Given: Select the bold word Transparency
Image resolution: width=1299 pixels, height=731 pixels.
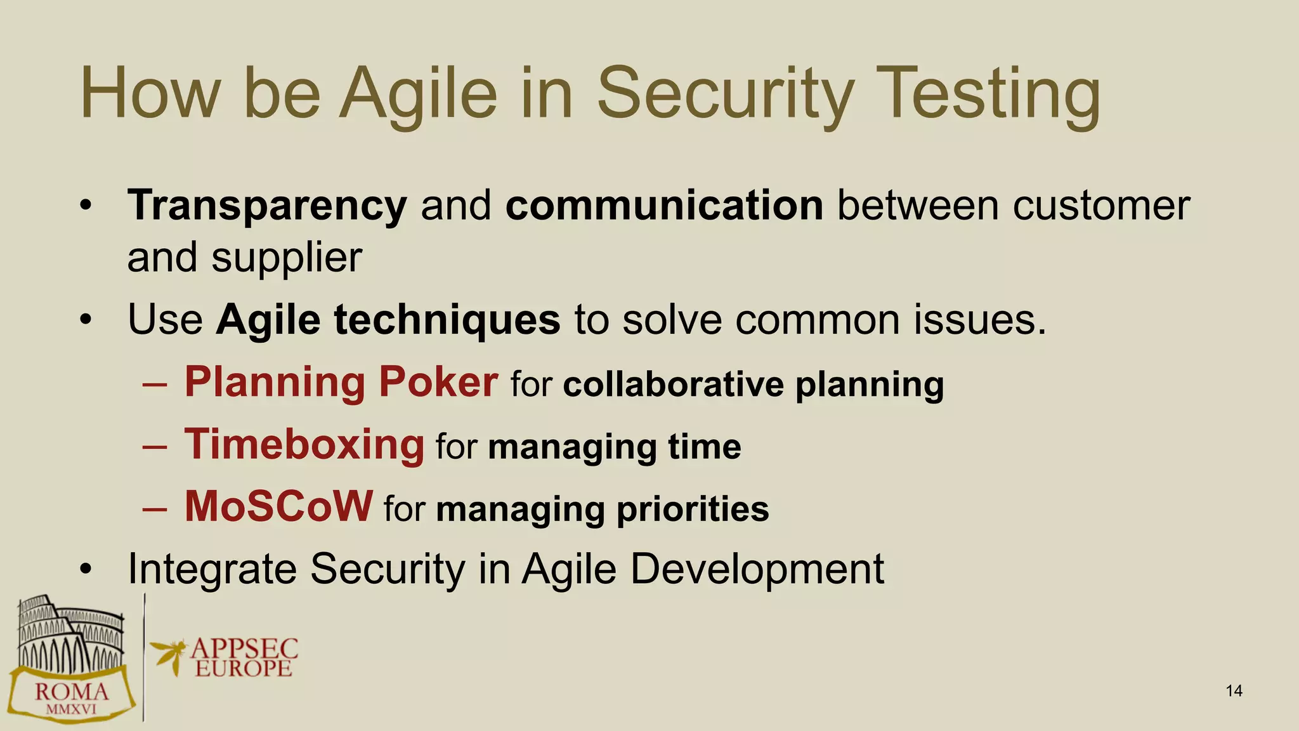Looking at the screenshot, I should (x=267, y=206).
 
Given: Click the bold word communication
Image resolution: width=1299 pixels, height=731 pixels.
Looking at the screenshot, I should (x=664, y=206).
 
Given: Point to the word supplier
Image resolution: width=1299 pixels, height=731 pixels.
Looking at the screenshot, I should (x=287, y=258).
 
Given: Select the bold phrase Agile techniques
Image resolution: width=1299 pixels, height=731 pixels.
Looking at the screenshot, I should (x=388, y=319).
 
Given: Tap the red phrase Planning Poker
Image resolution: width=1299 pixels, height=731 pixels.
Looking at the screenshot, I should (x=341, y=382).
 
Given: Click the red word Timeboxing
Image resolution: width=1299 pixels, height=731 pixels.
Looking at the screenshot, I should (x=304, y=444).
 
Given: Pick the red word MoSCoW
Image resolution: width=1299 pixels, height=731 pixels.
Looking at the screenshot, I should (x=278, y=506).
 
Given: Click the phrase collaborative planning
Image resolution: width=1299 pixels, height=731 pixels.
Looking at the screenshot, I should (x=753, y=385).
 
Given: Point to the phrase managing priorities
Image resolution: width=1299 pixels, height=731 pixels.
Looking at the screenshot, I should (x=602, y=509).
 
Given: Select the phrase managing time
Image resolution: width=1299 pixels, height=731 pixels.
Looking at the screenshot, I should (x=614, y=447).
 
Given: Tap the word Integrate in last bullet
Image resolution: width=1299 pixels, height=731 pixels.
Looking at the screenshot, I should (x=212, y=569).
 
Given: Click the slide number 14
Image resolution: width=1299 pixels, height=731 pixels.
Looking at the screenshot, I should (x=1234, y=691).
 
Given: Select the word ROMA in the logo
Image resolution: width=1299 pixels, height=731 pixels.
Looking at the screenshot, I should (x=71, y=692).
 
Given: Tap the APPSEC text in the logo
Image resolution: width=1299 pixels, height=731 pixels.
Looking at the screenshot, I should (x=244, y=649).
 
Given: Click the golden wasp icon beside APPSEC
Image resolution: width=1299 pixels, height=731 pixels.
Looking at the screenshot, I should (x=167, y=654).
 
